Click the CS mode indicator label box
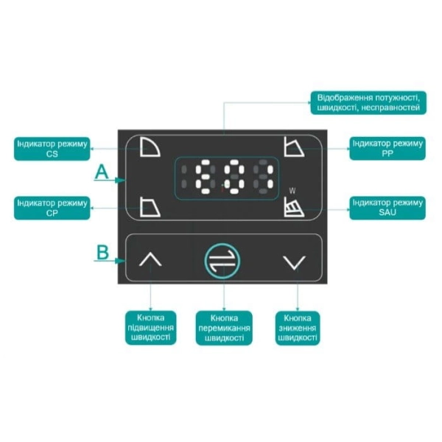(x=52, y=149)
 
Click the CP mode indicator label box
(x=52, y=208)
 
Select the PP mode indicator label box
(x=387, y=149)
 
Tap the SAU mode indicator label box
(x=387, y=208)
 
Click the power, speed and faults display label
(x=368, y=102)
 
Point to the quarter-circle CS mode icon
(x=150, y=147)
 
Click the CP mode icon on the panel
(x=150, y=207)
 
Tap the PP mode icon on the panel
(x=294, y=147)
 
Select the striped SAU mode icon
(x=294, y=207)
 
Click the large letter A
(x=102, y=172)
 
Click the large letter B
(x=102, y=252)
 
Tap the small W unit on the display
(x=292, y=191)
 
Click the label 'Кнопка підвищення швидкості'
(x=151, y=328)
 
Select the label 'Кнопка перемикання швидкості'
(x=224, y=328)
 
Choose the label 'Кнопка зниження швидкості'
(x=298, y=328)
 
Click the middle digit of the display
(x=234, y=177)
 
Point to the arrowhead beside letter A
(x=121, y=180)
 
